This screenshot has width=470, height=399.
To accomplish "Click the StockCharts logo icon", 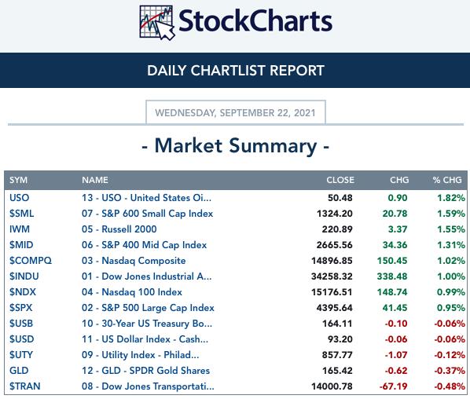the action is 156,23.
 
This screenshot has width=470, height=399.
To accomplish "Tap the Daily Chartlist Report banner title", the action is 236,71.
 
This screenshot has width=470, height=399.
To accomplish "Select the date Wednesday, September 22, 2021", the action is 235,113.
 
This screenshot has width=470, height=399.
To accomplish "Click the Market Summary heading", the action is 236,146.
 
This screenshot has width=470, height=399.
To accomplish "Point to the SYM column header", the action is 18,180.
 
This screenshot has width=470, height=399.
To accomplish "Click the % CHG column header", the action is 447,180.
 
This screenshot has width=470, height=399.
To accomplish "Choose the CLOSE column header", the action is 340,180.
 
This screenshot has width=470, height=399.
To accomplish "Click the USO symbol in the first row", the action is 19,198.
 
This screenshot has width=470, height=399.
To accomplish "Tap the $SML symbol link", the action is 21,214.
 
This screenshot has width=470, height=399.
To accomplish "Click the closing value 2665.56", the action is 334,245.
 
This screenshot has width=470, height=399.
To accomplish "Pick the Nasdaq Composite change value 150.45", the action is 392,261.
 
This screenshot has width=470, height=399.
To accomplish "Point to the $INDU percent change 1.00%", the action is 451,276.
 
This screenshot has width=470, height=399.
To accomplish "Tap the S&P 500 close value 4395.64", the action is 334,308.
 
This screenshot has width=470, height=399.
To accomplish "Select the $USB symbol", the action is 21,324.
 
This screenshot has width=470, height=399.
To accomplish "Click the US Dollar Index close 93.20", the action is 340,339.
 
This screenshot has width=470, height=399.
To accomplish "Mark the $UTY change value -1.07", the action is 396,355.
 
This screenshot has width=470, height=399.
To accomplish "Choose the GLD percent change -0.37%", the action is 450,371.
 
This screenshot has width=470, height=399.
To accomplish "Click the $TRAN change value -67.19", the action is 393,386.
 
